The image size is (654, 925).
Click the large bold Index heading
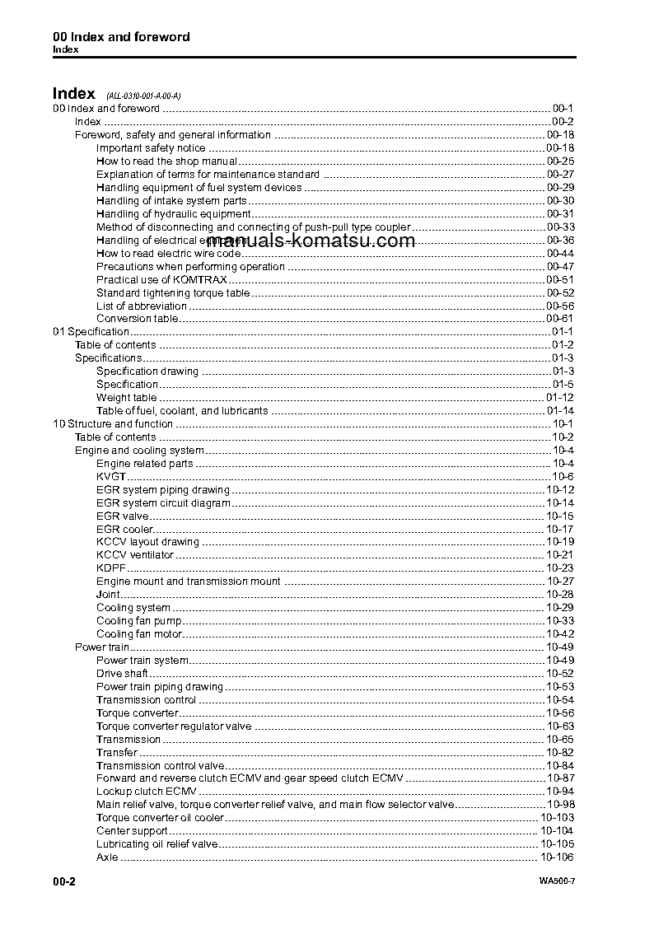coord(73,94)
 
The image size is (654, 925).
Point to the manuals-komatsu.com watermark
coord(311,241)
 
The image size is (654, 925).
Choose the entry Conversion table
coord(137,319)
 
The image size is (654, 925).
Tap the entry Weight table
coord(126,398)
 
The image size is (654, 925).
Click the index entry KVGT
coord(111,477)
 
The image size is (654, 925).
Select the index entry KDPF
coord(111,568)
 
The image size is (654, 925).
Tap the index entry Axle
coord(107,857)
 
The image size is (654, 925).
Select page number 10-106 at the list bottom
coord(557,857)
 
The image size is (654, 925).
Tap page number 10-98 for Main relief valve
coord(560,805)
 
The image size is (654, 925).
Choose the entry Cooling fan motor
coord(138,634)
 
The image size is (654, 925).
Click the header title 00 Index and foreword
coord(121,37)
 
